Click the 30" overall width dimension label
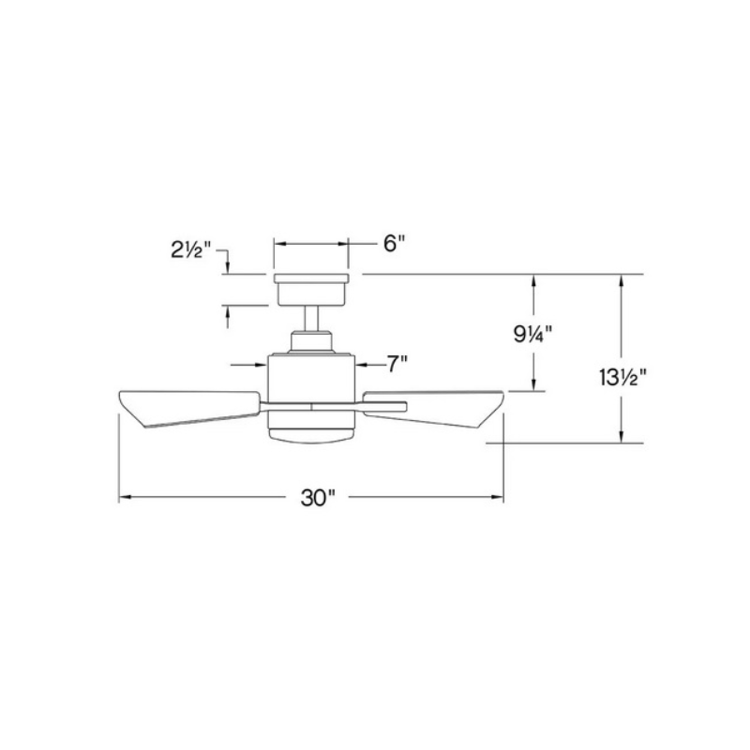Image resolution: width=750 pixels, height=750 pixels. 318,498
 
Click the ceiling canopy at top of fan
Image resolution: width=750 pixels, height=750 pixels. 311,289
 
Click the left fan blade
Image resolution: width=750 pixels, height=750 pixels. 187,406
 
